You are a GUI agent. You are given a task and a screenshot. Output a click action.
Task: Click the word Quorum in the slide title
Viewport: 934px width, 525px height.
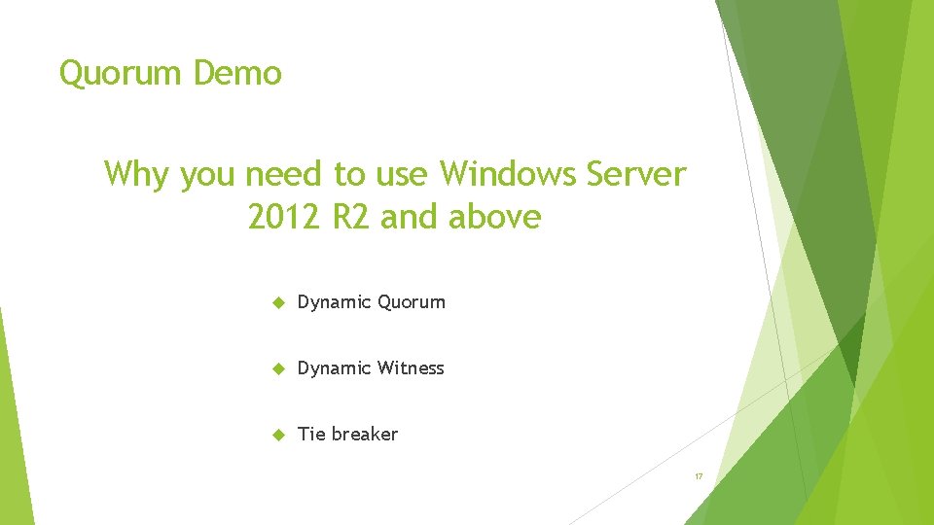[x=122, y=74]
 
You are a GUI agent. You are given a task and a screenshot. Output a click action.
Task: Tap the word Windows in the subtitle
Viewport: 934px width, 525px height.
[x=508, y=174]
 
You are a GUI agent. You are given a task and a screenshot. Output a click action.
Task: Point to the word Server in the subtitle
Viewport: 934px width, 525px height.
[x=636, y=174]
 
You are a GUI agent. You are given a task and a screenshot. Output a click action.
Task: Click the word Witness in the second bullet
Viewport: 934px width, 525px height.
[x=411, y=367]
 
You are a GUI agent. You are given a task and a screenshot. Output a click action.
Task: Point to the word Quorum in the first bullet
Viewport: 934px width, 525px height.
[x=411, y=302]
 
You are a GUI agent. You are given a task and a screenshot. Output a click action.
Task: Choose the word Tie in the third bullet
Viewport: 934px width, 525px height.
[x=311, y=434]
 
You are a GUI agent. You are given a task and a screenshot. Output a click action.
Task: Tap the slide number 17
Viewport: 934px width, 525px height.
[x=699, y=476]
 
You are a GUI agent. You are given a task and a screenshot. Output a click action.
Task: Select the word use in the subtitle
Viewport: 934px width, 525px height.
[x=401, y=174]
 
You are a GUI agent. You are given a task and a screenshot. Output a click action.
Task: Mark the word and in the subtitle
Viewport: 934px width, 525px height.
[x=411, y=217]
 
